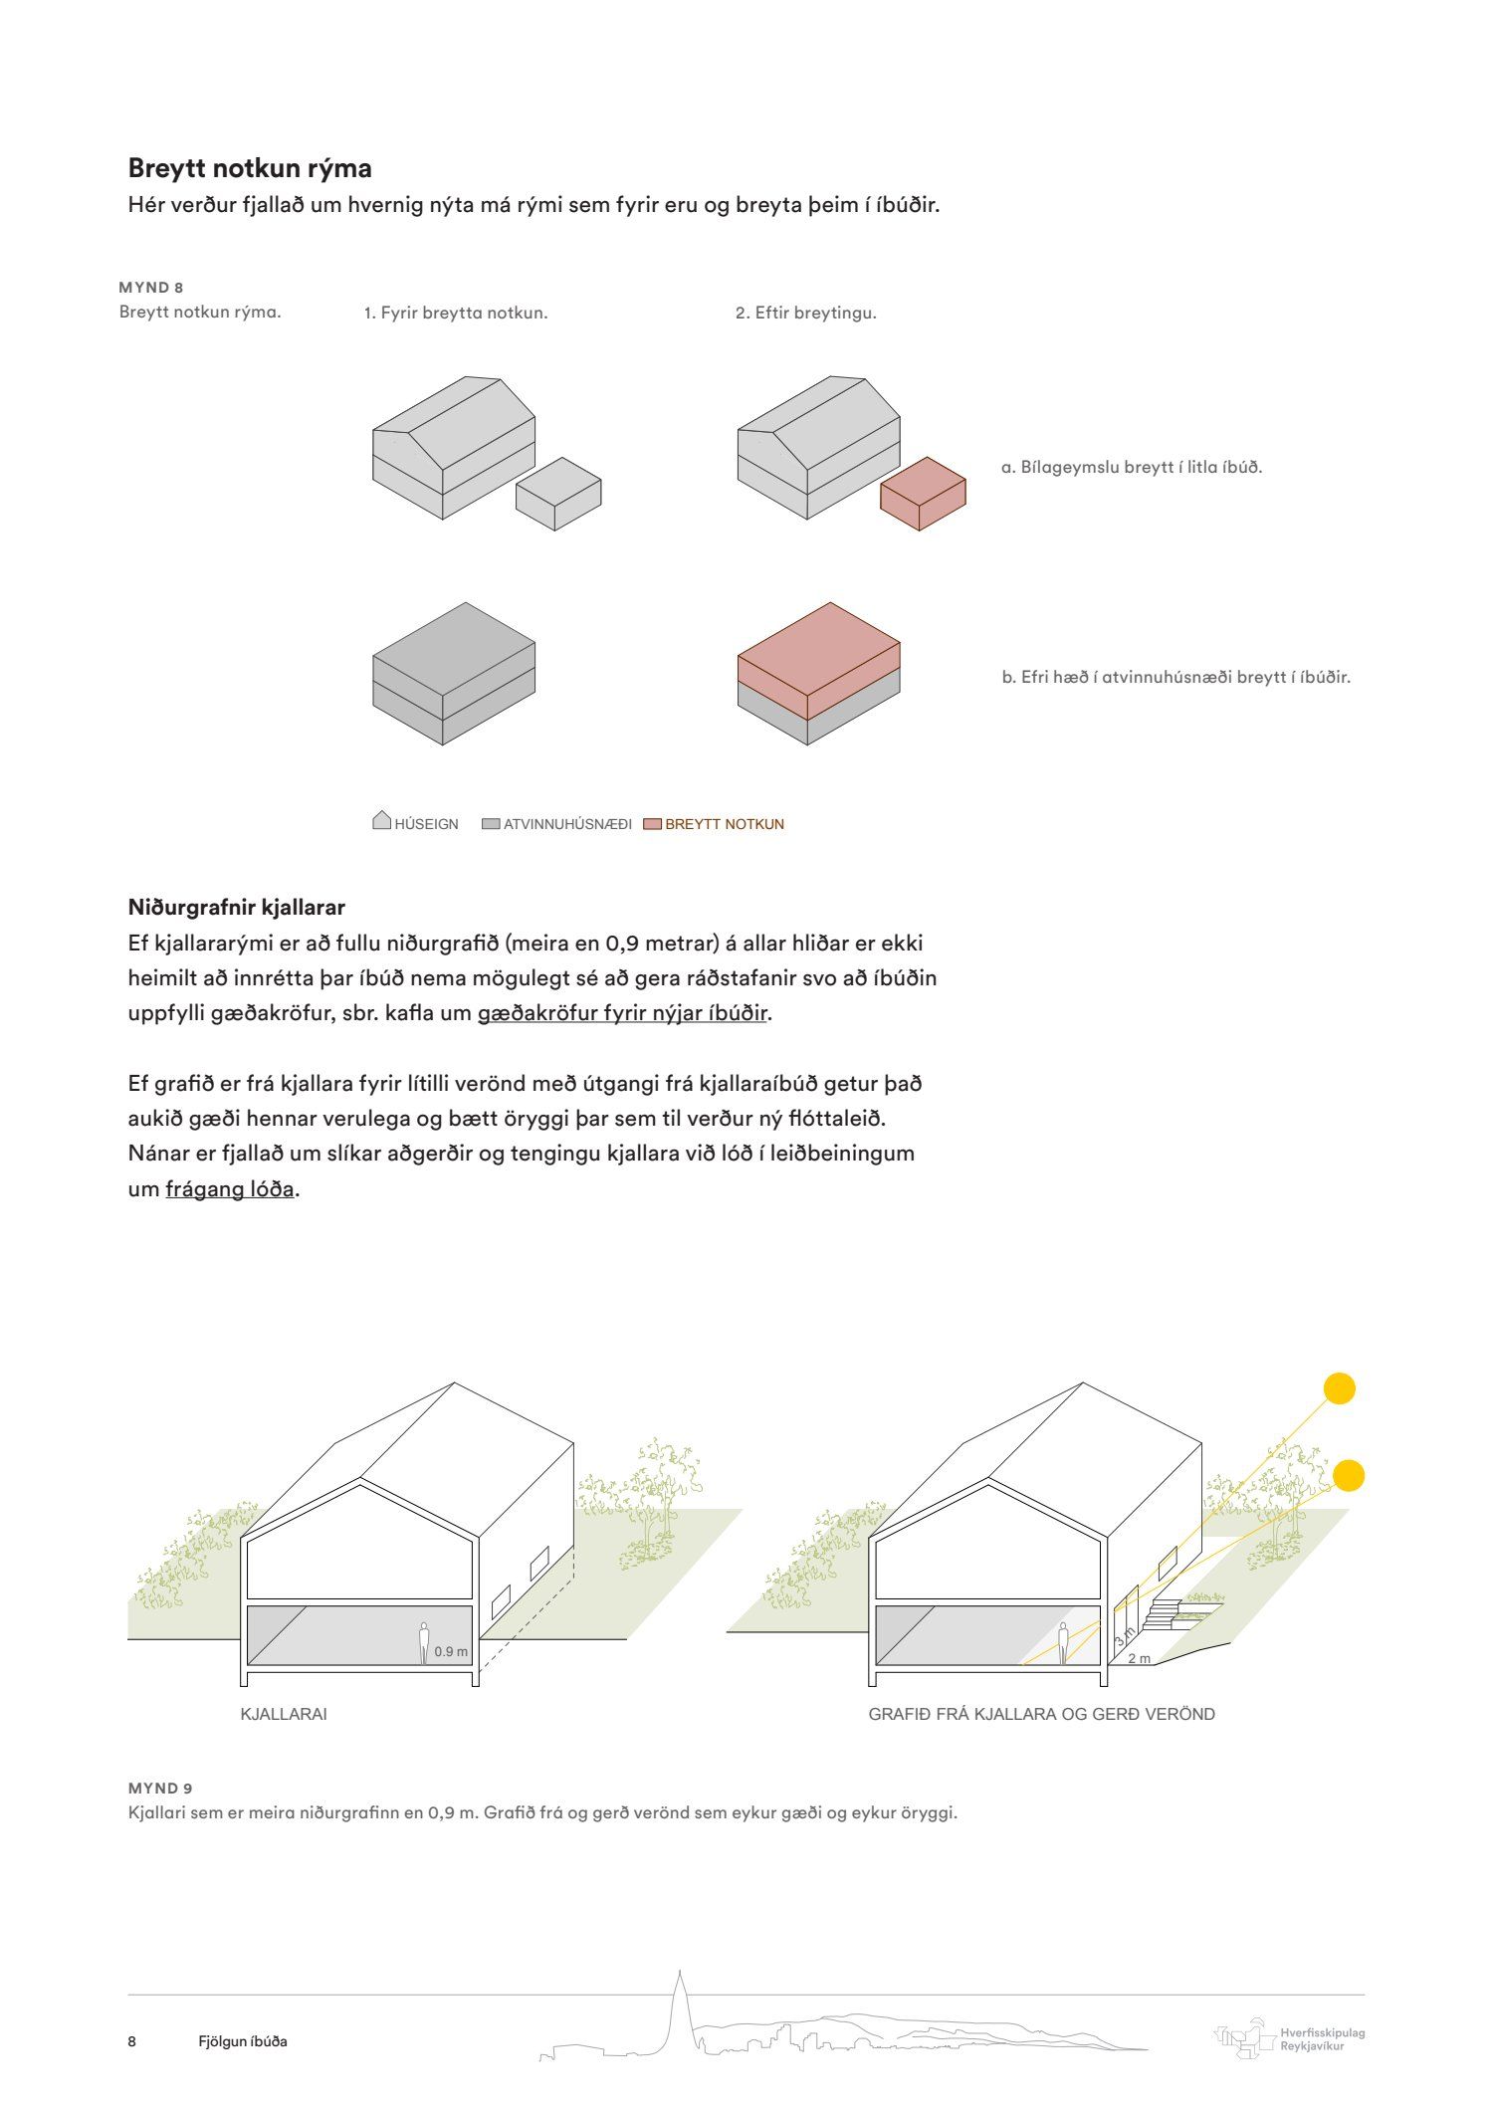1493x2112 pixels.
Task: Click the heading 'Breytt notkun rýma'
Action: [250, 168]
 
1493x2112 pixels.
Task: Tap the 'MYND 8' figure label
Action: [151, 288]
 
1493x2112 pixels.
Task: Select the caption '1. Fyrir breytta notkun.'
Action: [456, 313]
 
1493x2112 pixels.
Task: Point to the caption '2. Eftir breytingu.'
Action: [806, 313]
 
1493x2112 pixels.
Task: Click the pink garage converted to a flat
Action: [923, 494]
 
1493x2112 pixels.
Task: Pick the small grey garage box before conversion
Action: [558, 494]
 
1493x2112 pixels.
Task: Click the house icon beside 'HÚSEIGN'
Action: [381, 821]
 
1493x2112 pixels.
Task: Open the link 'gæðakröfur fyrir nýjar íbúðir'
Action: [623, 1013]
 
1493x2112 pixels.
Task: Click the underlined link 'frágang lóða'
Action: [230, 1189]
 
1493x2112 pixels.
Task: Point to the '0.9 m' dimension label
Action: [451, 1652]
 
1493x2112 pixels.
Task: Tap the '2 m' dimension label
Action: [1140, 1658]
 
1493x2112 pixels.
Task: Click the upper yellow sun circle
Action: [1340, 1388]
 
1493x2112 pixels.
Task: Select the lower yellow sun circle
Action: [1348, 1475]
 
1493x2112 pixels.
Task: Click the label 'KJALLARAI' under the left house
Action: [284, 1714]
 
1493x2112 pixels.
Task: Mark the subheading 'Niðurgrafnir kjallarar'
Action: [237, 908]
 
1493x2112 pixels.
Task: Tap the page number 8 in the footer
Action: [132, 2041]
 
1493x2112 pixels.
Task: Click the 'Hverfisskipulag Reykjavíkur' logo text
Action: [1323, 2039]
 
